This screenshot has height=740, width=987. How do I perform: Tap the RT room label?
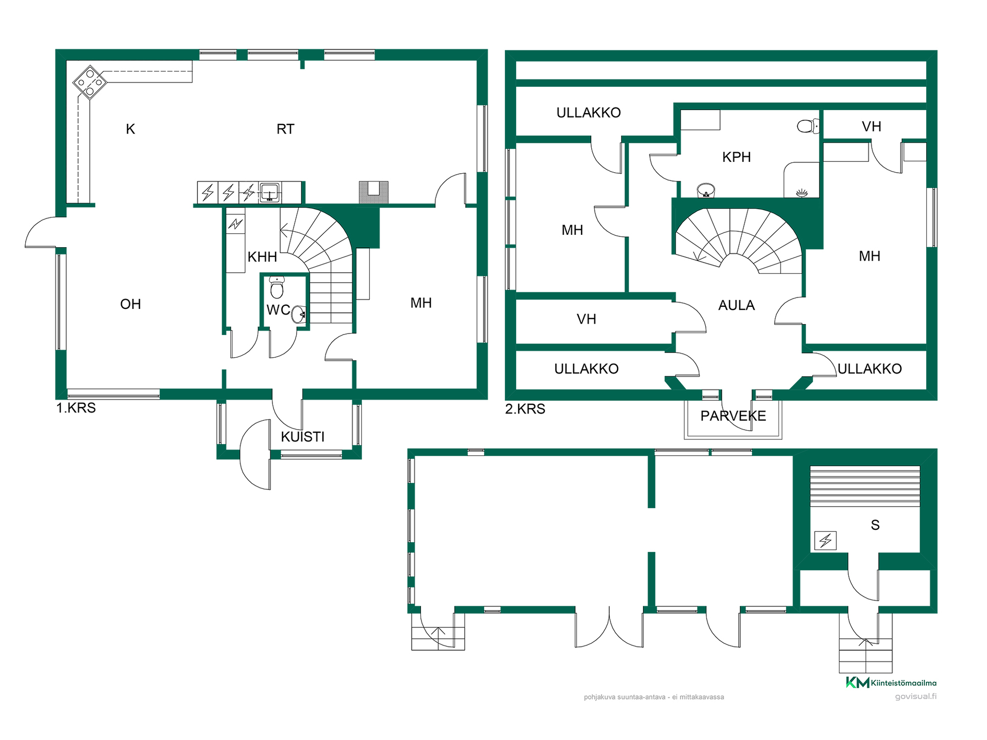click(285, 129)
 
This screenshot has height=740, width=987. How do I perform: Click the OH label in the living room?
click(131, 304)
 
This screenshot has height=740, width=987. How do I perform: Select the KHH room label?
click(262, 257)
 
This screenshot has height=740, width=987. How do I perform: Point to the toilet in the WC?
click(277, 287)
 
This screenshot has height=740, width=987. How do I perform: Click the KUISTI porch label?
click(303, 437)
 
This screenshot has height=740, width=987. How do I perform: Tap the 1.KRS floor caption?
click(76, 408)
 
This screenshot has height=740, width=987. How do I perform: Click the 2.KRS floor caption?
click(525, 409)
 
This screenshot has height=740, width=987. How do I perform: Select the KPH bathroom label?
click(736, 157)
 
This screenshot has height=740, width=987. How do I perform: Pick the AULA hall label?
click(736, 305)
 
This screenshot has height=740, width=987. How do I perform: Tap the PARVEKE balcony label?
click(733, 416)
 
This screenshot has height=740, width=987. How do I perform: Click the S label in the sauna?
click(875, 525)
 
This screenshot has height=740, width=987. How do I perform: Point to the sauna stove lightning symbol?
click(826, 541)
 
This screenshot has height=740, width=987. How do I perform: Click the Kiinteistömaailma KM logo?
click(891, 682)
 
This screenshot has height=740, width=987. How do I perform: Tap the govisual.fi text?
click(916, 696)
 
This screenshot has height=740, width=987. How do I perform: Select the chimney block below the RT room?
click(374, 193)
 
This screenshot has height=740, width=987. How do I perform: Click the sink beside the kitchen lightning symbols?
click(269, 193)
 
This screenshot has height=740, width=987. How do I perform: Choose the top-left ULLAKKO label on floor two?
click(589, 113)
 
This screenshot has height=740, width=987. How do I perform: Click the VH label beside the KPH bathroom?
click(871, 127)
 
